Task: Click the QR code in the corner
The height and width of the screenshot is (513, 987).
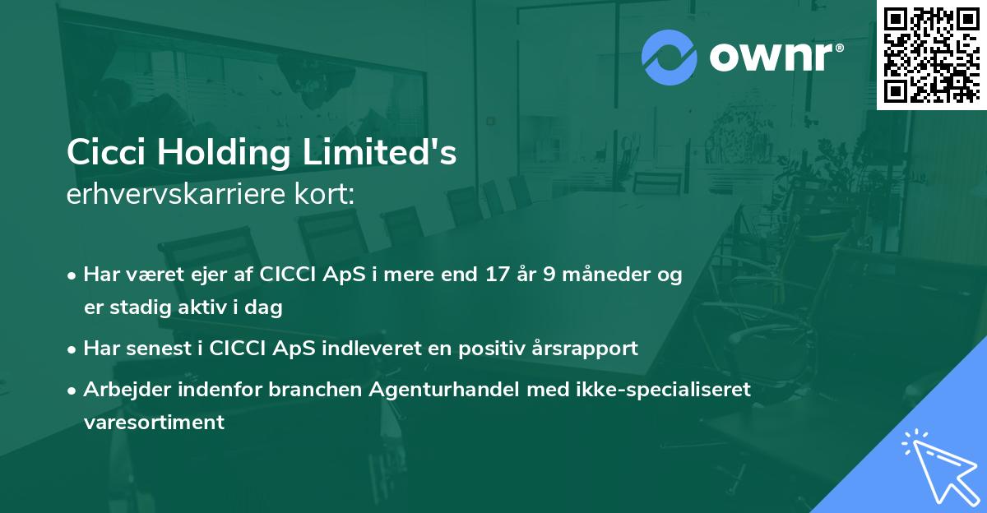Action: pos(932,54)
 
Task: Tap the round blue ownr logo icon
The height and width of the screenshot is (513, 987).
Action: pos(669,57)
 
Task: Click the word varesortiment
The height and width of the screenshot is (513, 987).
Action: pos(153,423)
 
